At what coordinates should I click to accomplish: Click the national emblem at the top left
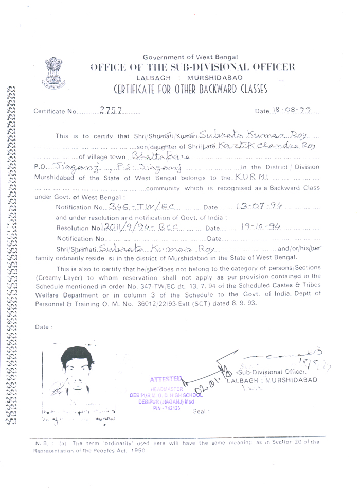click(53, 73)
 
